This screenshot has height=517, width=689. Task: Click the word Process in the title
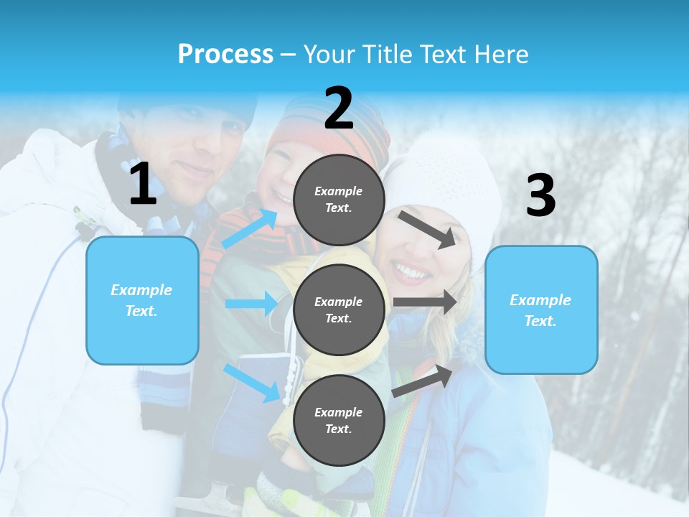[x=225, y=55]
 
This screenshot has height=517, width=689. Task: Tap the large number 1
[x=143, y=185]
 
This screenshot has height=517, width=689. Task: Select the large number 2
[x=339, y=108]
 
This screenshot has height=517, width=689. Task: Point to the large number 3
[x=540, y=195]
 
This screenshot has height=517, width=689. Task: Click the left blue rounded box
[x=142, y=300]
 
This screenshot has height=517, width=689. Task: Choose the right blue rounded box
[x=541, y=309]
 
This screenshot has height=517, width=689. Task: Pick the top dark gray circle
[x=339, y=200]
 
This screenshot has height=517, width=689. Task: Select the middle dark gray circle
[x=339, y=309]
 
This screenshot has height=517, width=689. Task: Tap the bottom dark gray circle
[x=339, y=420]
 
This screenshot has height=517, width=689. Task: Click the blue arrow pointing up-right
[x=250, y=228]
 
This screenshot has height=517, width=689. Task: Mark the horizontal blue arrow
[x=251, y=304]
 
